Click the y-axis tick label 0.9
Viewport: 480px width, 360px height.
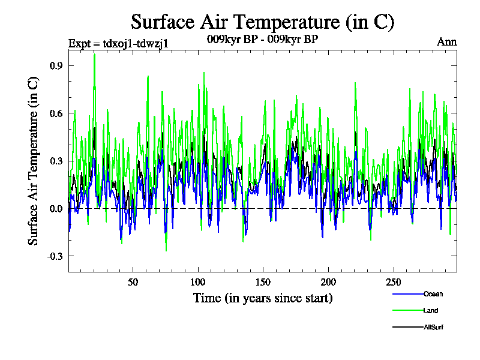coord(57,65)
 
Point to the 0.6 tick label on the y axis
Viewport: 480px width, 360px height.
coord(57,113)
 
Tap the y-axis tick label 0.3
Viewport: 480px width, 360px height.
coord(57,161)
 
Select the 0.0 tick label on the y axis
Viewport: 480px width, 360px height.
coord(57,208)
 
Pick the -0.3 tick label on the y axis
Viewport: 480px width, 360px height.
coord(55,256)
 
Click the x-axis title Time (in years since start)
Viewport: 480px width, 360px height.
coord(263,298)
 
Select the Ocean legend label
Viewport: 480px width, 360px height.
coord(433,294)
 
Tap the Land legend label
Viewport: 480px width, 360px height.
coord(431,310)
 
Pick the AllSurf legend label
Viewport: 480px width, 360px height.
coord(433,327)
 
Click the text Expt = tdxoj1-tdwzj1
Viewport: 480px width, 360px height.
coord(118,43)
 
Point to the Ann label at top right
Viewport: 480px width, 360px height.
coord(447,42)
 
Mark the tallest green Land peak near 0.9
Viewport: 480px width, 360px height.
coord(94,55)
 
